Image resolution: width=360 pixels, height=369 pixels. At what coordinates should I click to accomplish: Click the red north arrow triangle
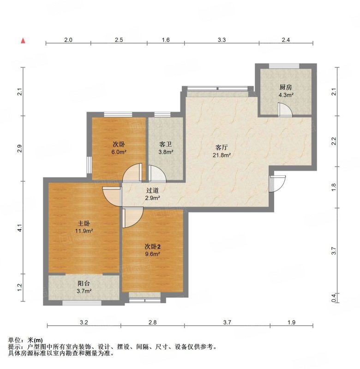pyautogui.click(x=23, y=41)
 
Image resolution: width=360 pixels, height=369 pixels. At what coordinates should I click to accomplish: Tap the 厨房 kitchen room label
pyautogui.click(x=286, y=87)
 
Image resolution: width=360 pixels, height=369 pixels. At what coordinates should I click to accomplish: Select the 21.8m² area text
pyautogui.click(x=222, y=155)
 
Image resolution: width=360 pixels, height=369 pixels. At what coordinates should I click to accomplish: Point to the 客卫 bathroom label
pyautogui.click(x=166, y=144)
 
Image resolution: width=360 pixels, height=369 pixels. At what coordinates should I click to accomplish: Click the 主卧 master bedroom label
pyautogui.click(x=84, y=223)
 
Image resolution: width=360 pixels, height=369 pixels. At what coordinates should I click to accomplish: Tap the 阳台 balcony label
pyautogui.click(x=84, y=283)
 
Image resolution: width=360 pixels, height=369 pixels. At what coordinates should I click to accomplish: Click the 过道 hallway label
pyautogui.click(x=152, y=190)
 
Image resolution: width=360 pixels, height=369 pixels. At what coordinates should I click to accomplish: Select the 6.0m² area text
pyautogui.click(x=119, y=152)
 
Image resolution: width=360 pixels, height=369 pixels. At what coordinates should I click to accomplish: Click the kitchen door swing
pyautogui.click(x=285, y=110)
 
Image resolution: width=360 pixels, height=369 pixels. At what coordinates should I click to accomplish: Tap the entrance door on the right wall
pyautogui.click(x=277, y=184)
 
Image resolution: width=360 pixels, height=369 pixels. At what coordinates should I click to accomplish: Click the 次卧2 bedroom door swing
pyautogui.click(x=132, y=217)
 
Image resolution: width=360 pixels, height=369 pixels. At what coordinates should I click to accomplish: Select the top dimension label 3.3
pyautogui.click(x=222, y=40)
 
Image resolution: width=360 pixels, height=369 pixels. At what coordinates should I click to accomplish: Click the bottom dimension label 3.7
pyautogui.click(x=227, y=322)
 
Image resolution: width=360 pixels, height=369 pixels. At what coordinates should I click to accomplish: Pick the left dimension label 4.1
pyautogui.click(x=20, y=228)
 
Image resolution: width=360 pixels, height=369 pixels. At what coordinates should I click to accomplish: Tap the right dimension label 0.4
pyautogui.click(x=334, y=298)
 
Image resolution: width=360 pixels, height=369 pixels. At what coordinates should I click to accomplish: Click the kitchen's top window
pyautogui.click(x=284, y=66)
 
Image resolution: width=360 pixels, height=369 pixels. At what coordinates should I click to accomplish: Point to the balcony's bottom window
pyautogui.click(x=82, y=303)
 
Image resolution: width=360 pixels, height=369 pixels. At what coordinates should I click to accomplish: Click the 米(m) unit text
pyautogui.click(x=36, y=340)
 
